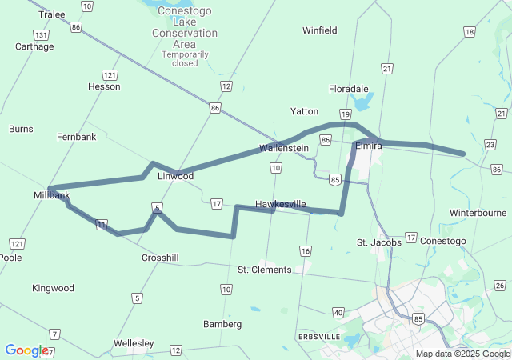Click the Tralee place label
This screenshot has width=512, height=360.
point(52,14)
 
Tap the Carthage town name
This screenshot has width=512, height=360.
point(34,46)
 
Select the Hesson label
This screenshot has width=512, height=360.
point(104,86)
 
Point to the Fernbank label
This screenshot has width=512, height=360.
point(76,137)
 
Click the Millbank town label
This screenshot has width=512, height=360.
point(52,195)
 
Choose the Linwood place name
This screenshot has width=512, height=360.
point(176,176)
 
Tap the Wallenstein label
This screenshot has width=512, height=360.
point(284,148)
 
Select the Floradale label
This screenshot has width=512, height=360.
point(349,89)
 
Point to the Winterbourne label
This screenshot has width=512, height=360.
point(478,213)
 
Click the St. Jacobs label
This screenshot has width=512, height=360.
point(374,242)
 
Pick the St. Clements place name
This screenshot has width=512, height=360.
point(265,270)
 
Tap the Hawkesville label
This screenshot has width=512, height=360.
point(280,204)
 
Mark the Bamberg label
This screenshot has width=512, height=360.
point(222,324)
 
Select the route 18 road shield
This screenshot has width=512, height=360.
point(469,32)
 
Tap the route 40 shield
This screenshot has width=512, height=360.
point(338,313)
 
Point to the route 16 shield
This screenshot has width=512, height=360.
point(305,251)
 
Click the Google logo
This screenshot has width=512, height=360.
point(26,350)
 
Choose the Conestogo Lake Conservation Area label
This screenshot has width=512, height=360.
point(185,33)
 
